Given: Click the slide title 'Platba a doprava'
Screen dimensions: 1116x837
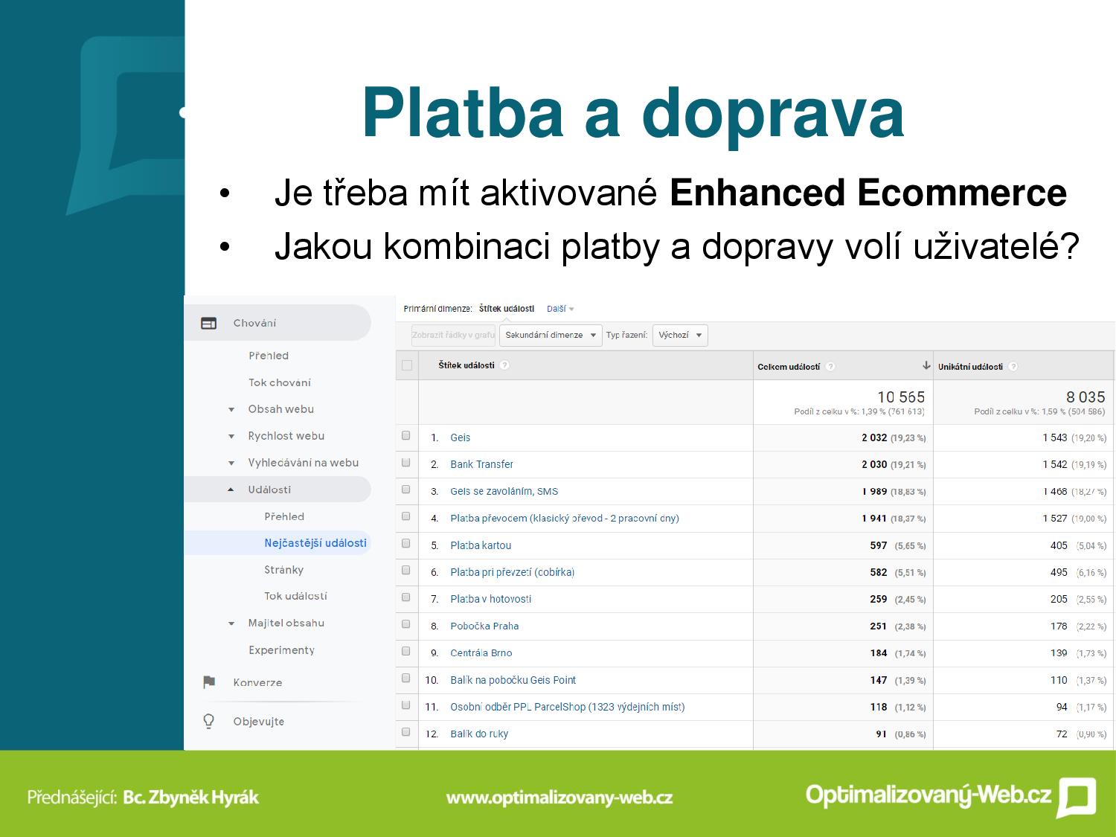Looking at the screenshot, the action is [632, 115].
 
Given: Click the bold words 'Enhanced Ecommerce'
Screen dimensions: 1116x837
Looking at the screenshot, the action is [868, 193].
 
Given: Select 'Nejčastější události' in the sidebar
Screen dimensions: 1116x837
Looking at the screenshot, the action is [315, 543].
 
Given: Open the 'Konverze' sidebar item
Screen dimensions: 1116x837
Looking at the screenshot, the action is [257, 682].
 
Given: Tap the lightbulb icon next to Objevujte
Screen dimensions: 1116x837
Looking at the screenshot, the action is [208, 721].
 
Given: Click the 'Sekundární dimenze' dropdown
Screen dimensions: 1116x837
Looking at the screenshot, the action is [551, 336].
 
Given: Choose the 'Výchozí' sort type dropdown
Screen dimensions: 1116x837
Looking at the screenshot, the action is [680, 336].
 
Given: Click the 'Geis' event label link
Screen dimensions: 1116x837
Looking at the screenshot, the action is [460, 437].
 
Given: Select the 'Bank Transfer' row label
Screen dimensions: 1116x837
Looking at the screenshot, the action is [481, 464].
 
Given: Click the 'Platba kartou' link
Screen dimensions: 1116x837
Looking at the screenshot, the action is [481, 545].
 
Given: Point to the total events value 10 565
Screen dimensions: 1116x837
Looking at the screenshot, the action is [901, 397].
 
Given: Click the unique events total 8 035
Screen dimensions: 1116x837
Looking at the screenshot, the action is [1085, 397].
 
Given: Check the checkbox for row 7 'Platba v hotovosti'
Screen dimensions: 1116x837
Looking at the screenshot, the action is [405, 597].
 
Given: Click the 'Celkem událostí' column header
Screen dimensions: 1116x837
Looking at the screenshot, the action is [789, 366].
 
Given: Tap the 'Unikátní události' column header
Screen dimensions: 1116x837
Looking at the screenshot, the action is [970, 366].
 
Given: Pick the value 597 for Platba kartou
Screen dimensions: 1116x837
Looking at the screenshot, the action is [878, 545].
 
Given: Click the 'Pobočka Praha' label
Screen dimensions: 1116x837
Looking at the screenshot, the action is [484, 626].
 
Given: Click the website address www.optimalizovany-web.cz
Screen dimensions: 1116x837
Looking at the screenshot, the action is [559, 798].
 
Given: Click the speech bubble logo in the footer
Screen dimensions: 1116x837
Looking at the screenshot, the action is [1077, 797].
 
